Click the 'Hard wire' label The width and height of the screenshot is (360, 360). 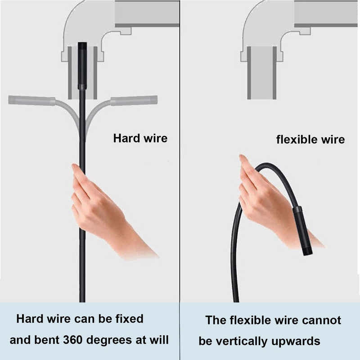click(x=140, y=138)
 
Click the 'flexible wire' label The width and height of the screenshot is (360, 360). click(x=310, y=139)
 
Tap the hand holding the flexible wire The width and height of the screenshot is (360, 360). click(x=265, y=202)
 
